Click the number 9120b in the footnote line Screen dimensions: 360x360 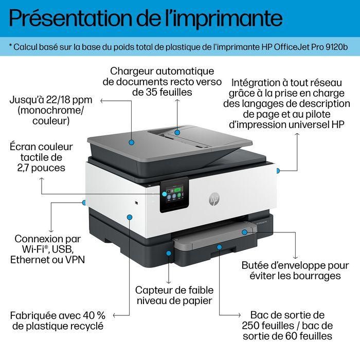336,47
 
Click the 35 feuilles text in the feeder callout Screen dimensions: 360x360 161,93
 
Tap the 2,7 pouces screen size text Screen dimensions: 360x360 41,169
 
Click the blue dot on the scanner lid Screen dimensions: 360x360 132,141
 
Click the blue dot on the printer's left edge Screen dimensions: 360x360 84,203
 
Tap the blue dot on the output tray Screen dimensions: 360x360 220,247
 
